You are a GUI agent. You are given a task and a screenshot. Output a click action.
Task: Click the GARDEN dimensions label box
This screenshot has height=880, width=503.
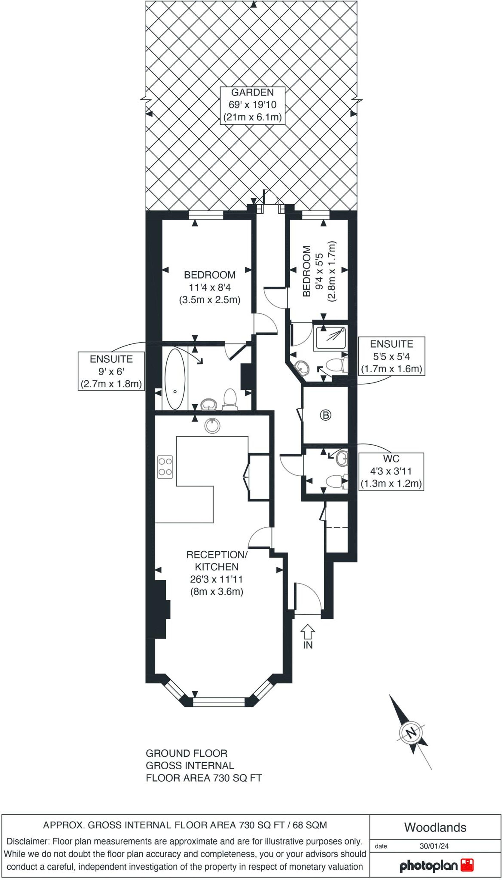pyautogui.click(x=253, y=105)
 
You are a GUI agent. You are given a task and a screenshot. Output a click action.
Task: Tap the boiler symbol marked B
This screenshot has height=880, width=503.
pyautogui.click(x=325, y=415)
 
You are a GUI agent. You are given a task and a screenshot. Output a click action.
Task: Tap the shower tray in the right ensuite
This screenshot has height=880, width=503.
pyautogui.click(x=330, y=338)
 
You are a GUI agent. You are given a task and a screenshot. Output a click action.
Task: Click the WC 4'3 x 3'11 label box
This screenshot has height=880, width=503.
pyautogui.click(x=391, y=471)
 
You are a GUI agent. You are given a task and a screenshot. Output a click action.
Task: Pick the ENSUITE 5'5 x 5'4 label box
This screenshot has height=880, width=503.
pyautogui.click(x=392, y=356)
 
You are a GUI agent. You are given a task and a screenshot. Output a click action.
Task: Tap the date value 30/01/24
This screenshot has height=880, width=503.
pyautogui.click(x=434, y=846)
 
